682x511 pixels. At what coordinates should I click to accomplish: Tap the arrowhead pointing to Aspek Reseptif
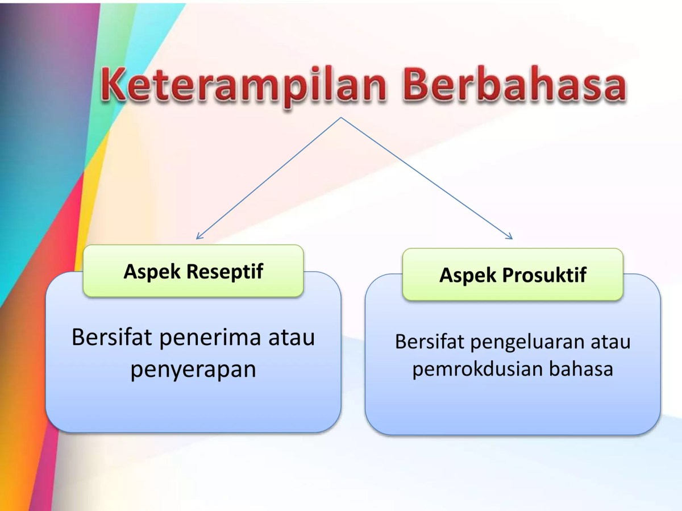coord(198,236)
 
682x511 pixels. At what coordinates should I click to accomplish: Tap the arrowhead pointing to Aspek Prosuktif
coord(510,236)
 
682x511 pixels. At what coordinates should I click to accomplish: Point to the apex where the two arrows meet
coord(341,118)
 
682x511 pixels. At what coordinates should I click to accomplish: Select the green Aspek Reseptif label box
coord(193,271)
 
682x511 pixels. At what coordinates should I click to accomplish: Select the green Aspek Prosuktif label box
coord(513,275)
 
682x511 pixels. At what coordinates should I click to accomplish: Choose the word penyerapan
coord(193,369)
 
